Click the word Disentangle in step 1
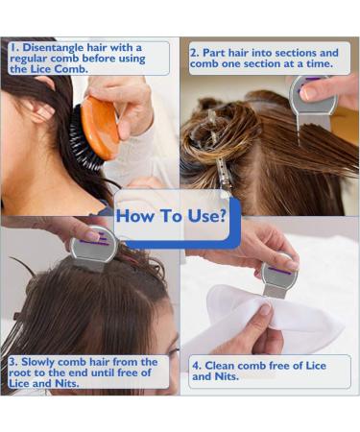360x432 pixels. click(x=49, y=48)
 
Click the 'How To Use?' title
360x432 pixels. click(x=171, y=216)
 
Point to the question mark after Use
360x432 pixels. click(x=221, y=215)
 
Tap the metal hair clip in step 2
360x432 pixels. click(x=223, y=176)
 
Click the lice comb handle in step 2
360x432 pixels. click(x=313, y=95)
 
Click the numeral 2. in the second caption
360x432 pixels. click(x=195, y=53)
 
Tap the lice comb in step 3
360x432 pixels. click(x=93, y=248)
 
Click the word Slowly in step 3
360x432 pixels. click(x=37, y=362)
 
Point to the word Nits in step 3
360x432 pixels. click(x=66, y=383)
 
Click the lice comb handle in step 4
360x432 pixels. click(x=279, y=271)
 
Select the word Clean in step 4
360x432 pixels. click(x=220, y=366)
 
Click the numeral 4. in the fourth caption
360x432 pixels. click(x=197, y=366)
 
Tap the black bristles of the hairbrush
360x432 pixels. click(x=84, y=137)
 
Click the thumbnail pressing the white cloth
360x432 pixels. click(x=265, y=310)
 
